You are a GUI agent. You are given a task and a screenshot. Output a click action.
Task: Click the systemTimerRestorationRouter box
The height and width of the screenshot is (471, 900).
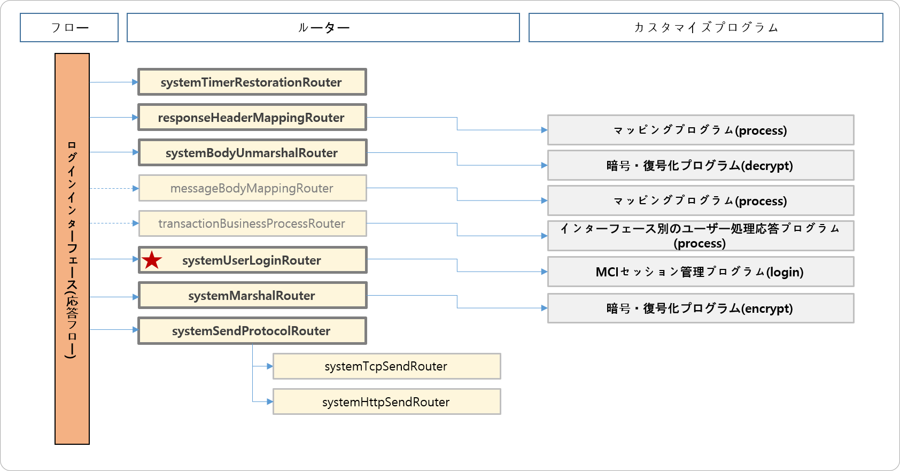pyautogui.click(x=252, y=82)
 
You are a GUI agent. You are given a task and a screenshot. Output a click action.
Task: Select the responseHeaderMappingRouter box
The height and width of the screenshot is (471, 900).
pyautogui.click(x=252, y=118)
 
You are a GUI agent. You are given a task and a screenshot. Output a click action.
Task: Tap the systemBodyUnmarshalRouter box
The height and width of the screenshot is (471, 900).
pyautogui.click(x=252, y=153)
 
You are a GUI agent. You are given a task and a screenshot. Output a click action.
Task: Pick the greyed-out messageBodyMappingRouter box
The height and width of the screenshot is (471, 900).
pyautogui.click(x=252, y=188)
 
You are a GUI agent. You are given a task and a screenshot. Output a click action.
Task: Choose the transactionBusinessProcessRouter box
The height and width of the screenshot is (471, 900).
pyautogui.click(x=252, y=223)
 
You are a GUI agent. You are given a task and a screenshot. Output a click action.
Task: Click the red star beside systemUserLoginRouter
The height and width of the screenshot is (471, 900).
pyautogui.click(x=152, y=260)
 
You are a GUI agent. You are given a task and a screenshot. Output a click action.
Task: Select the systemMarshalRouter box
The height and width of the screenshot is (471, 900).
pyautogui.click(x=252, y=296)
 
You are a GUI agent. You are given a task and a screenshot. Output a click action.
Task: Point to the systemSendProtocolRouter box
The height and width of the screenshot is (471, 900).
pyautogui.click(x=252, y=331)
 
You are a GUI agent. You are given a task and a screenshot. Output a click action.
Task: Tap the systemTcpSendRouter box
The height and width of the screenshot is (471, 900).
pyautogui.click(x=386, y=366)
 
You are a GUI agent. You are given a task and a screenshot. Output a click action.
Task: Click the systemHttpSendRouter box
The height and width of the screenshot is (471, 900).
pyautogui.click(x=386, y=402)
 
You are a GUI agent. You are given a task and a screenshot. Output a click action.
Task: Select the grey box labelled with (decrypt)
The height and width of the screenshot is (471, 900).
pyautogui.click(x=700, y=165)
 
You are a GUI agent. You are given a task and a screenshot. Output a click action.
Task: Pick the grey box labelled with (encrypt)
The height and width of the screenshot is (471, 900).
pyautogui.click(x=700, y=308)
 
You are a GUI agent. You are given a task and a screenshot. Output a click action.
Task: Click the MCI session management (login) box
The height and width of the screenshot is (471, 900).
pyautogui.click(x=700, y=272)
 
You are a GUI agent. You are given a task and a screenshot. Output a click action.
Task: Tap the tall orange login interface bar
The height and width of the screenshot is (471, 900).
pyautogui.click(x=72, y=249)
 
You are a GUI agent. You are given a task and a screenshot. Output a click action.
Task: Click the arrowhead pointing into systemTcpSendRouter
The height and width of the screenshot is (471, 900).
pyautogui.click(x=270, y=366)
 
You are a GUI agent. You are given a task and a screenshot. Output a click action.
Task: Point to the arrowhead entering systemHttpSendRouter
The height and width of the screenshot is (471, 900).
pyautogui.click(x=270, y=401)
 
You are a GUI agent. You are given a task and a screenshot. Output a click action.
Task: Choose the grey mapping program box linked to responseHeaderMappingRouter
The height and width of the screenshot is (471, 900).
pyautogui.click(x=700, y=130)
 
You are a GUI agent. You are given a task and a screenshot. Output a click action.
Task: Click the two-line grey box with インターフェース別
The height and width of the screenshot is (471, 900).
pyautogui.click(x=700, y=236)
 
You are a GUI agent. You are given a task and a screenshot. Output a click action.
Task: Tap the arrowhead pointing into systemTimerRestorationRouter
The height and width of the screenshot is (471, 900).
pyautogui.click(x=135, y=82)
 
